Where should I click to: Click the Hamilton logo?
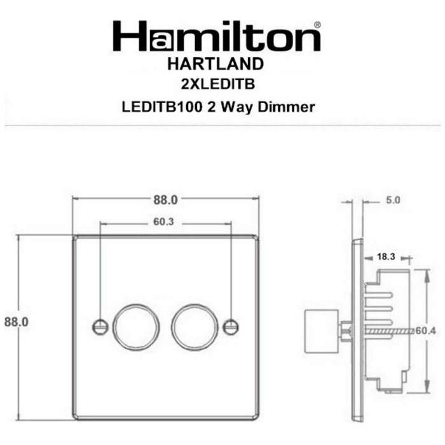(217, 36)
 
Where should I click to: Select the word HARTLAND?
(216, 64)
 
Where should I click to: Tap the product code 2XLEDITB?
(218, 84)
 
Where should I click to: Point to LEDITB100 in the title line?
(162, 107)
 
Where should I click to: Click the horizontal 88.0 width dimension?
(165, 200)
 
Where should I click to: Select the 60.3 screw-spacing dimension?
(163, 222)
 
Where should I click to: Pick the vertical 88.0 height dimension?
(17, 322)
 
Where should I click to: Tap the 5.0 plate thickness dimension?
(393, 200)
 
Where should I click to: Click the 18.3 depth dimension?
(386, 257)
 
